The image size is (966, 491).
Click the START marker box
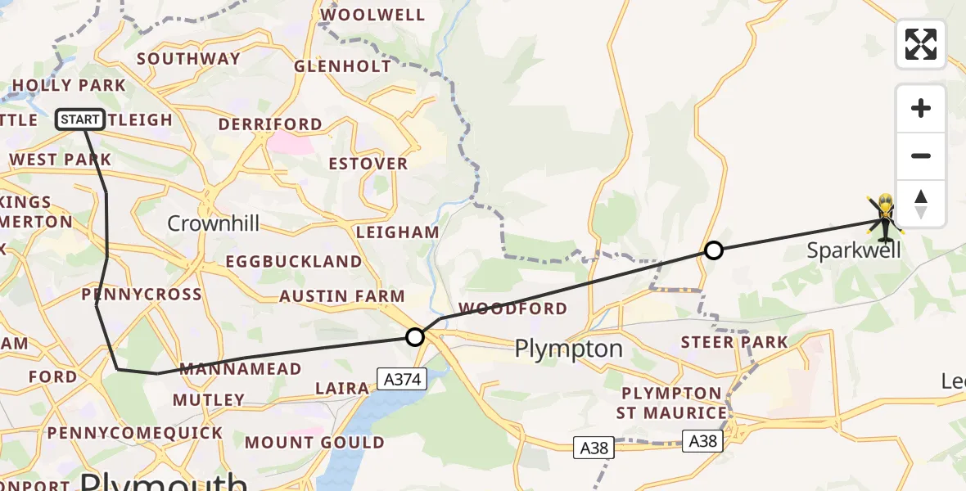[x=80, y=119]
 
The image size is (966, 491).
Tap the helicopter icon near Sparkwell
[x=885, y=218]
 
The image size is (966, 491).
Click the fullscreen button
[x=921, y=44]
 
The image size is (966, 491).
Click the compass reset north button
[x=921, y=204]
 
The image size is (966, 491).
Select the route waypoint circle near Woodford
[x=415, y=336]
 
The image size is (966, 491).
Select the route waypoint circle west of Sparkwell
[x=714, y=250]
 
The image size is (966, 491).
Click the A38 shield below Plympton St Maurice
[x=704, y=442]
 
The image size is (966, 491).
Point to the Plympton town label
[x=568, y=349]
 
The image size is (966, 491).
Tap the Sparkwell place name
[x=854, y=250]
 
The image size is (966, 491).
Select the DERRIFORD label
[x=270, y=124]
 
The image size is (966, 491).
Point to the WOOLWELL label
[x=373, y=15]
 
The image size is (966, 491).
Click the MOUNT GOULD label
[x=314, y=443]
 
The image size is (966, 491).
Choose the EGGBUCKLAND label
[x=293, y=262]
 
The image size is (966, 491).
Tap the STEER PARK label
[x=734, y=342]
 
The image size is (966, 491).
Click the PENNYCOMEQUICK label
[x=134, y=432]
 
